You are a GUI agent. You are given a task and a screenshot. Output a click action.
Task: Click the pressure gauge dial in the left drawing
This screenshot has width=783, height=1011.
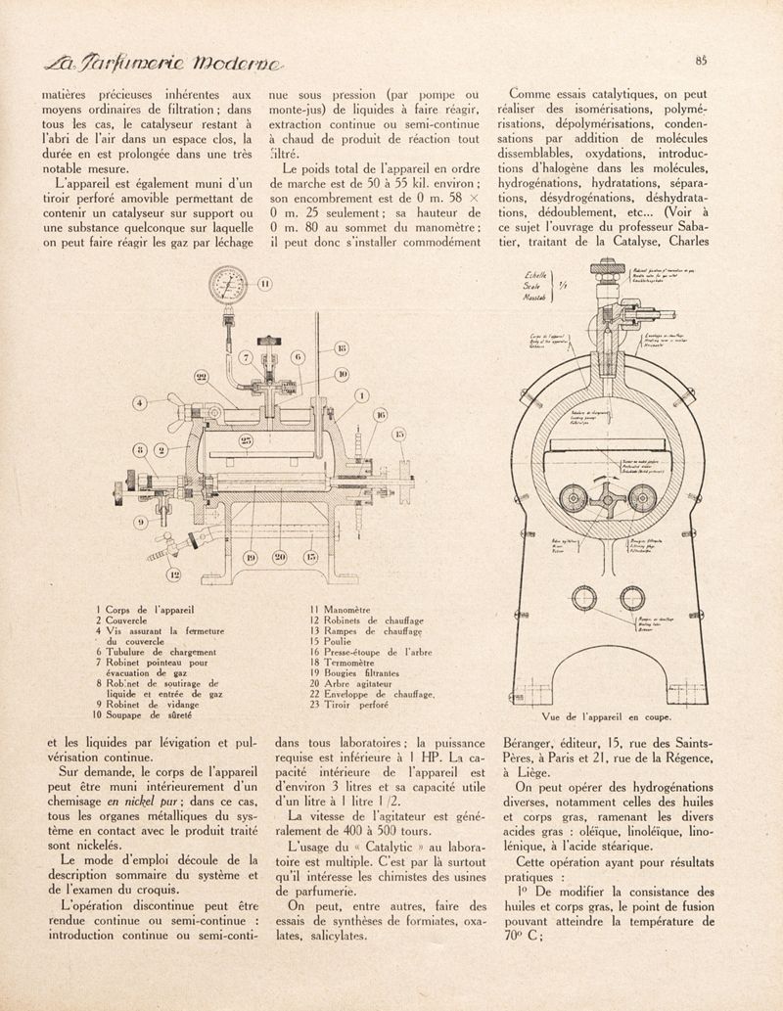(226, 290)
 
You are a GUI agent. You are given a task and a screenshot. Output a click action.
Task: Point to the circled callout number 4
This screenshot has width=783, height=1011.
(143, 402)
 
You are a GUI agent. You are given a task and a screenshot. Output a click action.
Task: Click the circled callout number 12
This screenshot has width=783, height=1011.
(175, 574)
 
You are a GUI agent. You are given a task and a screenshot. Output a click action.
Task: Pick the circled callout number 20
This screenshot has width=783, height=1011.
(281, 558)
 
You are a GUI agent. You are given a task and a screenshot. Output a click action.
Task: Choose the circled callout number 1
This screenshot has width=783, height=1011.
(362, 396)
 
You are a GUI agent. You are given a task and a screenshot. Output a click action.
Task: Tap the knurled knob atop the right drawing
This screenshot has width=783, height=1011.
(606, 266)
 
